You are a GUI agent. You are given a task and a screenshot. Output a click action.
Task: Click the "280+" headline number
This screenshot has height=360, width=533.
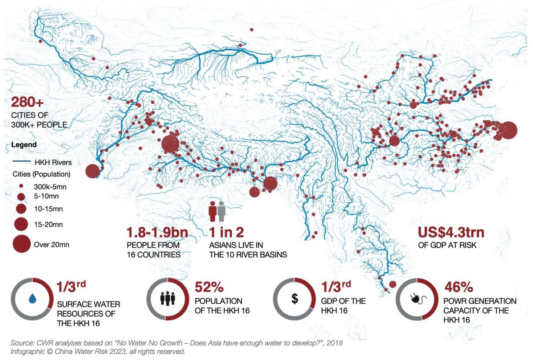click(x=27, y=102)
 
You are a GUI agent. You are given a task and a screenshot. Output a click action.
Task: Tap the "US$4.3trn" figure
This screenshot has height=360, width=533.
click(x=451, y=233)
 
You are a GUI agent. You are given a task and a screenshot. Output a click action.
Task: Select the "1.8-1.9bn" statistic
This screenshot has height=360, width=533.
click(x=157, y=233)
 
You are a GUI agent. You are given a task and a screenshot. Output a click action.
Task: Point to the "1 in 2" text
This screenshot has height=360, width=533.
click(x=227, y=233)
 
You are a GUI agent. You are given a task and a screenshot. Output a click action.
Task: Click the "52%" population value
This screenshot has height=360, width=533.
click(x=209, y=287)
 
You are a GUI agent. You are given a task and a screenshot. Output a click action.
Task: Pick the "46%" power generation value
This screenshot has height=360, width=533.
click(x=459, y=287)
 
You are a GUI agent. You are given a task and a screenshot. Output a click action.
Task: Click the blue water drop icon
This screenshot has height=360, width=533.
click(x=32, y=299)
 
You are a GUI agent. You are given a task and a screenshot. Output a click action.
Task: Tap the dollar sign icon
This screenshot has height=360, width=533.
click(x=295, y=299)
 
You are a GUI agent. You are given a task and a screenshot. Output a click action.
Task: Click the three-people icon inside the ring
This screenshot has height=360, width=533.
click(x=168, y=299)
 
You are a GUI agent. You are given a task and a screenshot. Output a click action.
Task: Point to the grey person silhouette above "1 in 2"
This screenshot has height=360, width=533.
click(x=221, y=211)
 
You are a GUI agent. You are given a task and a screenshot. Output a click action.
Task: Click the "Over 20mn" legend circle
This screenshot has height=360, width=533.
click(x=21, y=244)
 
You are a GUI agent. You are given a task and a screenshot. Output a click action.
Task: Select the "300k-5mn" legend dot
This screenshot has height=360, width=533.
click(x=21, y=186)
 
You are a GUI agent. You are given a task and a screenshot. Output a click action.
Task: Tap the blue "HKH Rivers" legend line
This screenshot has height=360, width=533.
click(x=21, y=161)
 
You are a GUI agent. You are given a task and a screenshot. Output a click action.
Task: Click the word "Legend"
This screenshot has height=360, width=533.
click(x=24, y=145)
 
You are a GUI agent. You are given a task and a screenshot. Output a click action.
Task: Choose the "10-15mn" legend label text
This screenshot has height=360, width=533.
click(x=48, y=209)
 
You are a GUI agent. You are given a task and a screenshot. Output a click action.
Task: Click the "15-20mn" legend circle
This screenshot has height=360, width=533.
click(x=21, y=224)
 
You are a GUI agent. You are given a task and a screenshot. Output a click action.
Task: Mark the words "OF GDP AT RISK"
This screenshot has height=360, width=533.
click(x=447, y=245)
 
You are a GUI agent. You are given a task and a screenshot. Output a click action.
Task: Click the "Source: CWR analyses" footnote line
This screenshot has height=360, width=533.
click(x=177, y=343)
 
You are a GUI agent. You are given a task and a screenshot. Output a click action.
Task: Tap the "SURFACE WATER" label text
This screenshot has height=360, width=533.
click(x=88, y=304)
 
